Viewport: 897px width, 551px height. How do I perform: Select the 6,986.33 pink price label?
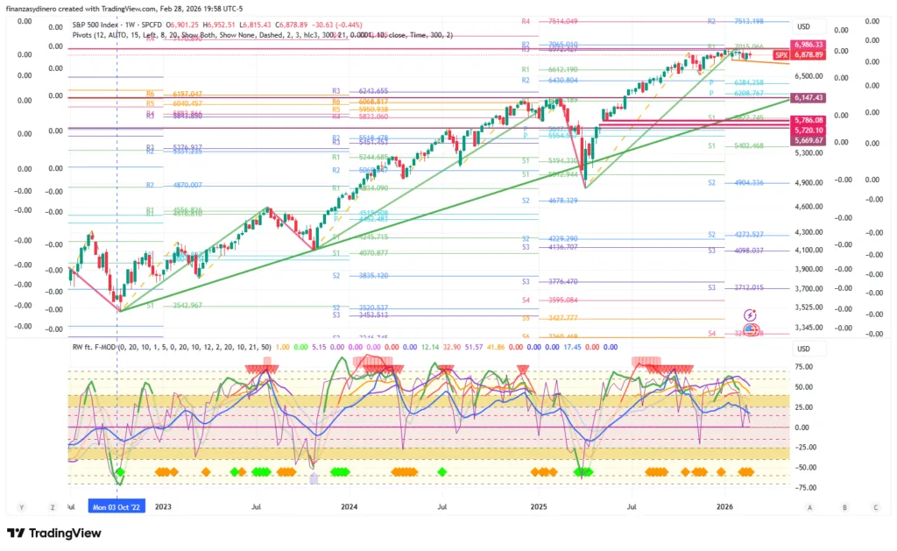[x=807, y=44]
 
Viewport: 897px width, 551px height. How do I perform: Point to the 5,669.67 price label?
[x=807, y=140]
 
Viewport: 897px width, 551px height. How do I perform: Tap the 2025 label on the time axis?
[x=538, y=506]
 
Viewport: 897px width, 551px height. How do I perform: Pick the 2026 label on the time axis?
[x=724, y=506]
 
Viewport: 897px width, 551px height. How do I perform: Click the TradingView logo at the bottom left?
[x=54, y=533]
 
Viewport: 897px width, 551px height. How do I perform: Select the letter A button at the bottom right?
[x=809, y=507]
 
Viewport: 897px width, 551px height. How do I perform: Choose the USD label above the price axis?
[x=802, y=26]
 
